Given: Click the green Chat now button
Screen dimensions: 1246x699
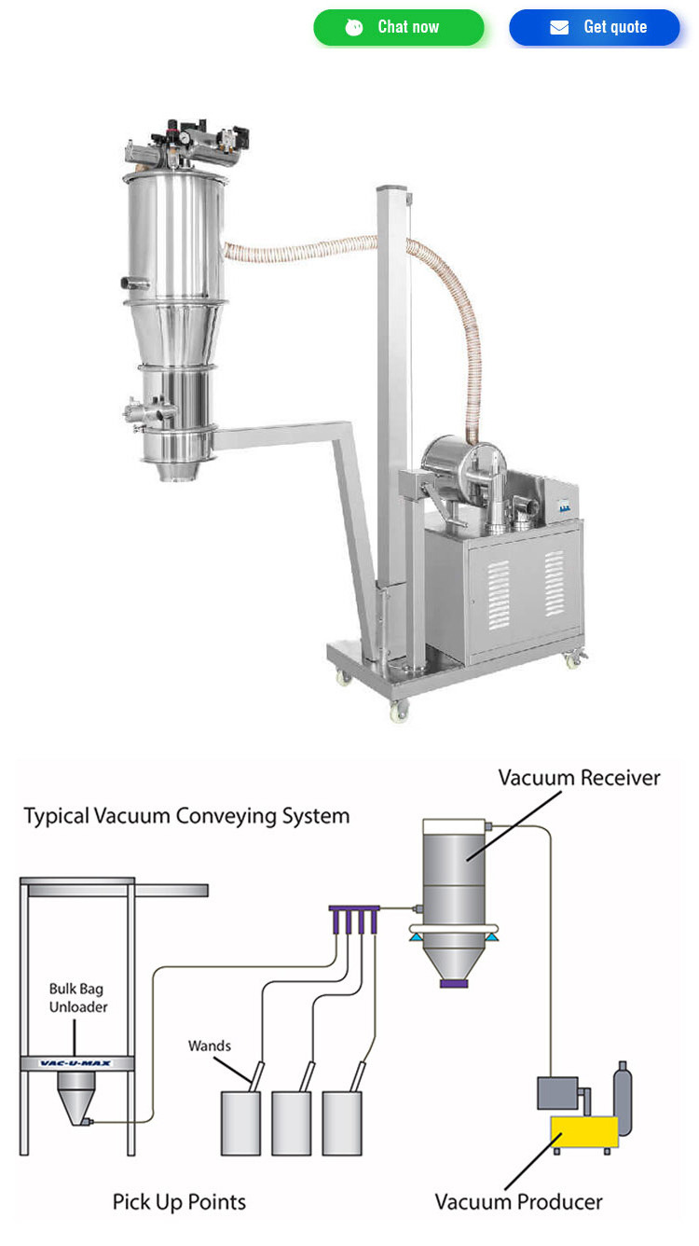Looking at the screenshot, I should pos(399,27).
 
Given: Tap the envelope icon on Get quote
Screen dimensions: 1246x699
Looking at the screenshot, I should pos(559,27).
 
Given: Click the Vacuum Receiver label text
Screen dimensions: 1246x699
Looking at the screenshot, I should pos(579,778).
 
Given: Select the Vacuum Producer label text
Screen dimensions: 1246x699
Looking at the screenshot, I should pos(519,1201).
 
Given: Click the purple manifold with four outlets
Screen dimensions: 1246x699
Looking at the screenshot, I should pos(354,908).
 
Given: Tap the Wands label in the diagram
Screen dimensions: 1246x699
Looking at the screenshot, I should pos(210,1045).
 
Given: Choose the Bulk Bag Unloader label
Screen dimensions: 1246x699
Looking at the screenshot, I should pos(78,997).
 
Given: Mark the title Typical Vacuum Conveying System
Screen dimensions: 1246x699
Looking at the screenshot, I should pos(186,816).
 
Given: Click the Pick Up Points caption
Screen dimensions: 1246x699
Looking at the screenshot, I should pos(179,1201).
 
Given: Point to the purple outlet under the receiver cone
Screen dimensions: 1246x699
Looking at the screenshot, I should pos(453,983).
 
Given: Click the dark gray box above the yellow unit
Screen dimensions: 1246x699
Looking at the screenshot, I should pos(556,1092).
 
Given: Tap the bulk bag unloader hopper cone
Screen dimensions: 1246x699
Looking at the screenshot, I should pos(75,1097).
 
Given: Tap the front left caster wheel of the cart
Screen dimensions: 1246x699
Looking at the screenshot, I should pos(399,712).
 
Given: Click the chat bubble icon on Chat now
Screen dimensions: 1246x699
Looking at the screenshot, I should pos(354,27).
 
